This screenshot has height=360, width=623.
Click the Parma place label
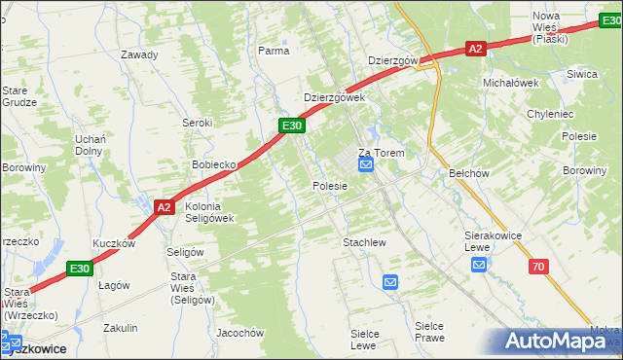tap(274, 50)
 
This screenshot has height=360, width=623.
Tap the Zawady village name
tap(139, 54)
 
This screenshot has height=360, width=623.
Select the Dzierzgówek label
tap(334, 98)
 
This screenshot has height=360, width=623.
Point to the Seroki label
tap(198, 123)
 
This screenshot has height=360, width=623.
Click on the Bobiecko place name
tap(215, 164)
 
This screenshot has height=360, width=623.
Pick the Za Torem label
tap(381, 153)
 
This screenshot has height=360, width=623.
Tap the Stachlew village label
tap(365, 241)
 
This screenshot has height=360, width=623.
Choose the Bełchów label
tap(468, 172)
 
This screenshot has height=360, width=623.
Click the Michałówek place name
tap(511, 83)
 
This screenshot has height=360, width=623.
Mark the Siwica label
tap(582, 74)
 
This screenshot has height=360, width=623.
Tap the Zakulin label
tap(121, 328)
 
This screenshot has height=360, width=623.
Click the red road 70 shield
tap(537, 266)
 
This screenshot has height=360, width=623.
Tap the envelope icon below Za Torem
tap(366, 167)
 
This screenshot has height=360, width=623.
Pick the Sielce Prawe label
tap(429, 331)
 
